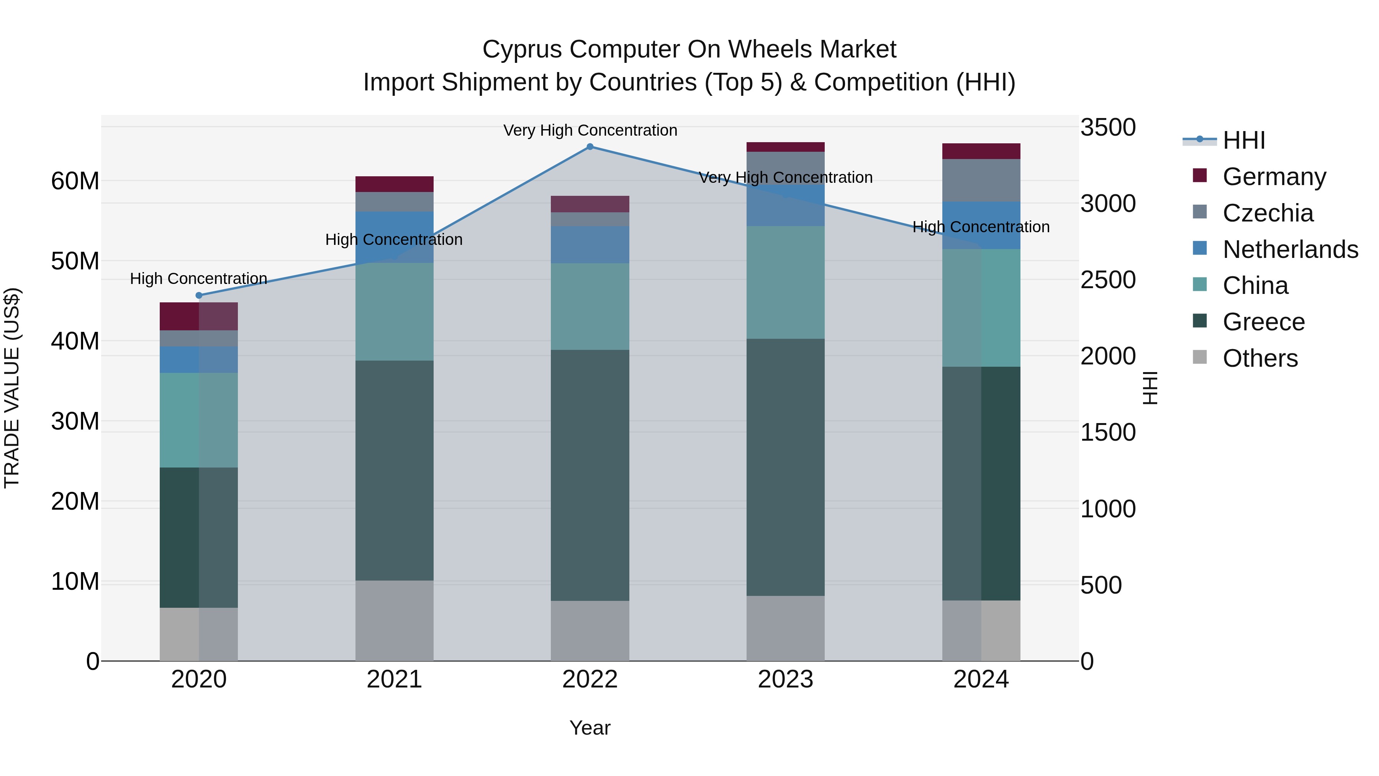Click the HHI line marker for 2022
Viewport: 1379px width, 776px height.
[x=590, y=146]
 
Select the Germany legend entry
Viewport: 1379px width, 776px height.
[x=1274, y=176]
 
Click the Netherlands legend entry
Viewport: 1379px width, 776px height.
[x=1290, y=249]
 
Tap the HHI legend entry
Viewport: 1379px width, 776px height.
[x=1243, y=140]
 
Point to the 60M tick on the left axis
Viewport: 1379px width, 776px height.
[x=75, y=181]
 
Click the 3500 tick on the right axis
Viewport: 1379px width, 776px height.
[x=1107, y=128]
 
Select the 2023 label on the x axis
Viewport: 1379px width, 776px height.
[x=785, y=679]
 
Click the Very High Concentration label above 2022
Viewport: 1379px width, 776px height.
[x=590, y=130]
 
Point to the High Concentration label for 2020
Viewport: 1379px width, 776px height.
[x=198, y=279]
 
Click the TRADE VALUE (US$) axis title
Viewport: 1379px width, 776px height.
[x=12, y=388]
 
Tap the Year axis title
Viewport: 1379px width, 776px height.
[x=590, y=728]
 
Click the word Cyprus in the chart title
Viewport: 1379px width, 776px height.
[x=522, y=49]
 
